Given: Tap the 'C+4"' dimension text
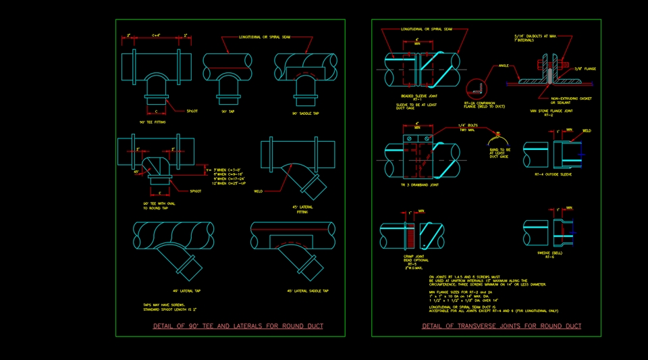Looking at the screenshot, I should (156, 35).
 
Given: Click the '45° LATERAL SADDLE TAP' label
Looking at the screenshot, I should (308, 291).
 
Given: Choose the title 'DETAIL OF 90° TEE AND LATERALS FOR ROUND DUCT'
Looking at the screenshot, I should (238, 326).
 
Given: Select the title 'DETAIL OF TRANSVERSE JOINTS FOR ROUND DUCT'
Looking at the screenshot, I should (502, 326).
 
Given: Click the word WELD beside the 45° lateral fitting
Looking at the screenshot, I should (259, 191).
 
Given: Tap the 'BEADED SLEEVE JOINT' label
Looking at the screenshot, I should (414, 97).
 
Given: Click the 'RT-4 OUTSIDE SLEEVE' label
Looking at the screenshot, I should (553, 174).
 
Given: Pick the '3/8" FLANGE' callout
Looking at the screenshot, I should (584, 69).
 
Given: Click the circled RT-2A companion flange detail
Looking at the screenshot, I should (477, 88).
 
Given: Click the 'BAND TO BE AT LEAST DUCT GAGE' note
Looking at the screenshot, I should (497, 153).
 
